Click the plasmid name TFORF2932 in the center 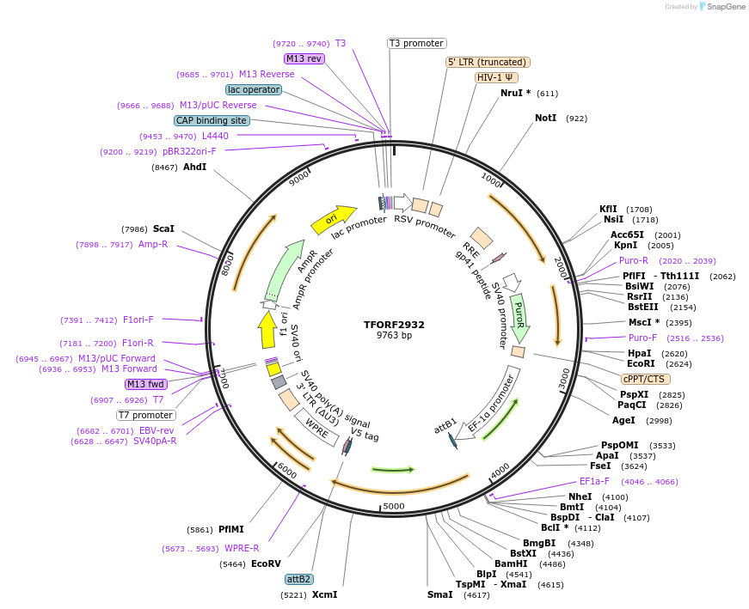(x=394, y=325)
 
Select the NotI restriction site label (x=546, y=118)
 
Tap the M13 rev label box (x=304, y=58)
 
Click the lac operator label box (x=254, y=89)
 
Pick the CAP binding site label (x=212, y=120)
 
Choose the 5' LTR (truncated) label (x=488, y=62)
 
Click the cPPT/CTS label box (x=645, y=379)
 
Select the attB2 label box (x=299, y=579)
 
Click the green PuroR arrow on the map (x=519, y=316)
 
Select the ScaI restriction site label (x=163, y=229)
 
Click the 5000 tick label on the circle (x=393, y=506)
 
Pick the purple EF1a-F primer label (x=594, y=482)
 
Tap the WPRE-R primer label (x=242, y=548)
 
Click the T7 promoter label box (x=146, y=415)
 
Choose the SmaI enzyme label (x=440, y=594)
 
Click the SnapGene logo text (x=723, y=7)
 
